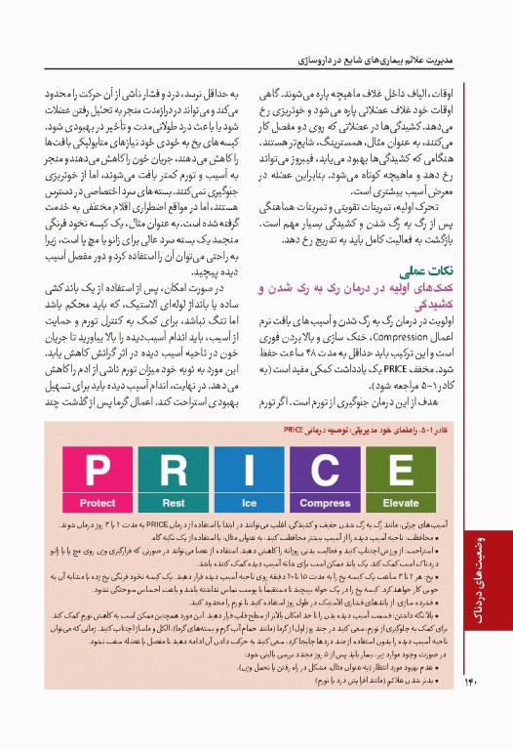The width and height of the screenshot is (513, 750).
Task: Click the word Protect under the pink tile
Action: click(x=99, y=503)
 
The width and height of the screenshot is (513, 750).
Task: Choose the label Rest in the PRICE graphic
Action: click(x=174, y=503)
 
